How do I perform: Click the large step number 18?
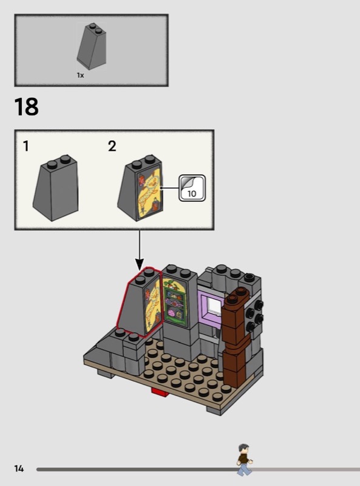[26, 107]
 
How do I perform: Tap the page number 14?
[19, 468]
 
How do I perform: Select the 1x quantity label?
[80, 75]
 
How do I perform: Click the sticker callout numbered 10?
[192, 188]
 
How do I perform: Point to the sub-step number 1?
[26, 146]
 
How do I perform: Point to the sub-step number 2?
[112, 146]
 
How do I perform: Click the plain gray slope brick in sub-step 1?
[56, 188]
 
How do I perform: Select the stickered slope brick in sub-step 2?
[140, 188]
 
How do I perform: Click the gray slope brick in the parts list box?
[92, 47]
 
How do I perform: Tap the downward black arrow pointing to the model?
[140, 250]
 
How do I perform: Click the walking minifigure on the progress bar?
[245, 459]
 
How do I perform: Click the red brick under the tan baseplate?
[160, 392]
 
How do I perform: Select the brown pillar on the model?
[236, 337]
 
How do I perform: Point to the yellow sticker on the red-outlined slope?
[153, 307]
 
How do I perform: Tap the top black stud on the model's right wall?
[257, 304]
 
